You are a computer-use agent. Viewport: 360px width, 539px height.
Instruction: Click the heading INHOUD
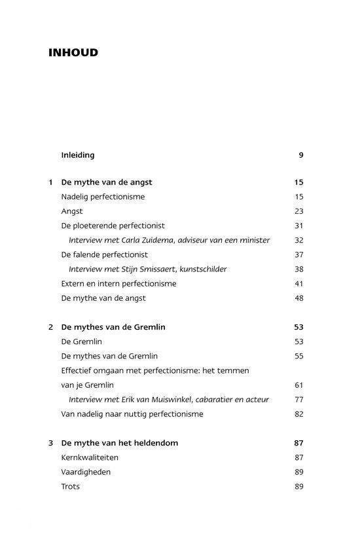[73, 52]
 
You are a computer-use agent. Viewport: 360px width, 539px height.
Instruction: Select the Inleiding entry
[78, 155]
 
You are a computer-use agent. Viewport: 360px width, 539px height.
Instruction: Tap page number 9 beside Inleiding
[301, 155]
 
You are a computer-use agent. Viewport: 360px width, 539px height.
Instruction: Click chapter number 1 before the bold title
[51, 183]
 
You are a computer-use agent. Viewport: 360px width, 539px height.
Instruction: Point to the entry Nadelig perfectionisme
[103, 197]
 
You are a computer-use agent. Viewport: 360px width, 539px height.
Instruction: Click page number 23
[299, 211]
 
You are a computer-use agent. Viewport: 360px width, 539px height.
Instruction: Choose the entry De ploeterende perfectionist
[113, 226]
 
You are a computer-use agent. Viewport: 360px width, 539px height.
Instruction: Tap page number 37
[299, 254]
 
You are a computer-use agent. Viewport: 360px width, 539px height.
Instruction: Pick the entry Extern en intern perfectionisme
[118, 283]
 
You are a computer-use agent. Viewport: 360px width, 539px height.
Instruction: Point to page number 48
[299, 298]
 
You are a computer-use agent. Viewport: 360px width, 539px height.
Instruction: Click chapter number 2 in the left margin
[51, 327]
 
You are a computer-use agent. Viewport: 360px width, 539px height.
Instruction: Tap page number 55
[299, 356]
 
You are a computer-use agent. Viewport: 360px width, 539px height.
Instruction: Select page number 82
[299, 413]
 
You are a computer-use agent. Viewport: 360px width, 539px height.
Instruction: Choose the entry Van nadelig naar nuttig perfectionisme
[132, 413]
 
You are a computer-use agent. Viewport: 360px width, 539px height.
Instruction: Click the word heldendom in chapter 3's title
[155, 443]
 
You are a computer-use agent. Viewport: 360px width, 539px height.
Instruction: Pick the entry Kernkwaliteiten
[90, 457]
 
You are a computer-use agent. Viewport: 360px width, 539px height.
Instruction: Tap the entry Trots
[70, 486]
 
